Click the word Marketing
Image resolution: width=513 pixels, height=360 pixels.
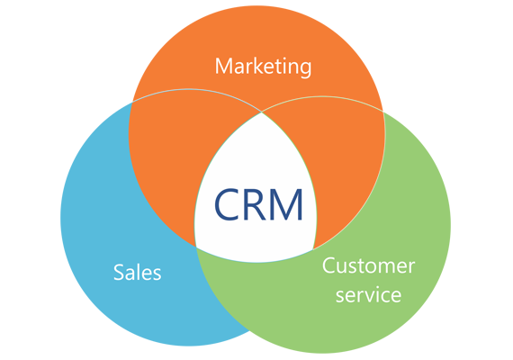(x=263, y=67)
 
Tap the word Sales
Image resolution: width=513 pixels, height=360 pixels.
(x=138, y=273)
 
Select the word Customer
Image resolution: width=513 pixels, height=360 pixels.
(x=369, y=265)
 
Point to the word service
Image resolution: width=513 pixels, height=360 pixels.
(x=368, y=294)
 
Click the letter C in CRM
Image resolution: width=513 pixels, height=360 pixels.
(x=227, y=204)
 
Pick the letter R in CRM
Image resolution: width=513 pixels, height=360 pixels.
(x=255, y=204)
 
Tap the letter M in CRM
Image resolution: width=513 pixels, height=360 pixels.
(x=285, y=204)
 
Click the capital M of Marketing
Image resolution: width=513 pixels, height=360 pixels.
(x=224, y=66)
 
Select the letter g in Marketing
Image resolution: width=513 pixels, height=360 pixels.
(x=304, y=69)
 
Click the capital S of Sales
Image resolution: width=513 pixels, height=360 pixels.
(x=119, y=273)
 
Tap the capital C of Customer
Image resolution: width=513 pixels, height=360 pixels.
(x=328, y=265)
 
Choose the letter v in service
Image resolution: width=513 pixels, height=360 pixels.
(x=372, y=296)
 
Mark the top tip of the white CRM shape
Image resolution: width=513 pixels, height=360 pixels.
(x=262, y=112)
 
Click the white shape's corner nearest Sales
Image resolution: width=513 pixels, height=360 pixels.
(x=195, y=247)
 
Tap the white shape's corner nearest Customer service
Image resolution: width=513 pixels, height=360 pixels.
(x=313, y=249)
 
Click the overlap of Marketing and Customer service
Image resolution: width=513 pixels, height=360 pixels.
(x=346, y=164)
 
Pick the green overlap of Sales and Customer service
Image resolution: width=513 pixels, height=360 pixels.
(x=229, y=288)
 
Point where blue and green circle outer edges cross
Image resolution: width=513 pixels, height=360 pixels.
(x=249, y=331)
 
